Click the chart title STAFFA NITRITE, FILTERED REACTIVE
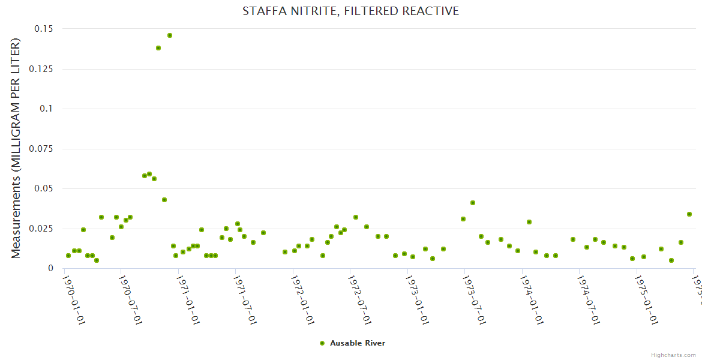coord(350,11)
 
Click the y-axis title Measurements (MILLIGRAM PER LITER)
coord(16,148)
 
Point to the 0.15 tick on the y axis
coord(43,29)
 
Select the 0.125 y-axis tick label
coord(40,69)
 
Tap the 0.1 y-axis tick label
coord(46,109)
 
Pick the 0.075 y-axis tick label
coord(40,149)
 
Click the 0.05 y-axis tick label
coord(43,188)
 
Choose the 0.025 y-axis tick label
coord(40,229)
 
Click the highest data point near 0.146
coord(170,35)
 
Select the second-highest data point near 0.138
coord(158,48)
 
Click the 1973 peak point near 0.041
coord(473,203)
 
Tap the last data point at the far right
coord(689,214)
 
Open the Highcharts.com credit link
coord(674,355)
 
